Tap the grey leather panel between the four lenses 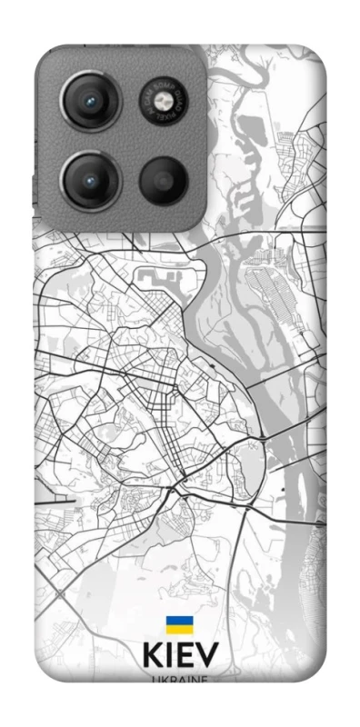127,141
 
